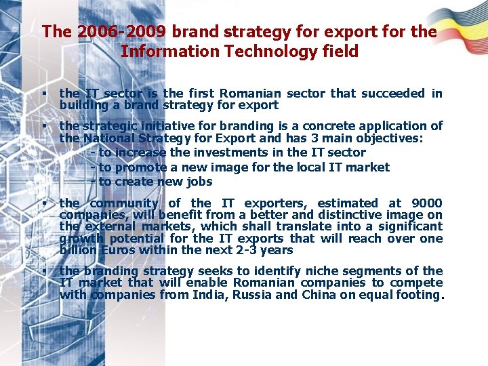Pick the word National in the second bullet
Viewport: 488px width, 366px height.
(x=111, y=138)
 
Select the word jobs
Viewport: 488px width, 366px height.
(x=200, y=181)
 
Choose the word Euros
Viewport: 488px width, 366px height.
(x=118, y=250)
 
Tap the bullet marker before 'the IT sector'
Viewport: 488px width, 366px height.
(x=43, y=93)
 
